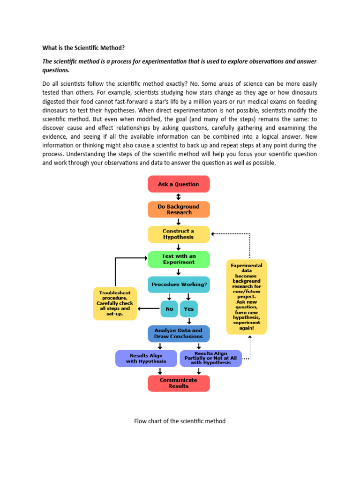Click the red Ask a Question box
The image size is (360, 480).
click(x=179, y=184)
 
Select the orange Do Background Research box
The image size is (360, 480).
click(x=179, y=210)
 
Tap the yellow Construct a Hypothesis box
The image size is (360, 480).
click(x=179, y=234)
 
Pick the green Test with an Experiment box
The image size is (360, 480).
click(x=179, y=259)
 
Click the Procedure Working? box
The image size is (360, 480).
click(x=179, y=285)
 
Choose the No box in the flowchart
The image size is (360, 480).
click(x=169, y=309)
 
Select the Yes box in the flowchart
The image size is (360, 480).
click(x=188, y=309)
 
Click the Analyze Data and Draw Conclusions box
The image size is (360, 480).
click(x=179, y=333)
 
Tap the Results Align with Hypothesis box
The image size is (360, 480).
click(x=146, y=359)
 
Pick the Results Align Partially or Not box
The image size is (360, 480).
click(x=210, y=359)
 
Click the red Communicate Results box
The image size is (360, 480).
click(x=179, y=383)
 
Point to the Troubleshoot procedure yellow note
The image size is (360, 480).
click(x=115, y=304)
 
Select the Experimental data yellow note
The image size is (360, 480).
click(x=247, y=297)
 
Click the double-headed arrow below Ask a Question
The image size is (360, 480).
click(x=179, y=197)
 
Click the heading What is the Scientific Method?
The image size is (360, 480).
click(x=84, y=48)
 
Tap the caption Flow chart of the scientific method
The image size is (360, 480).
click(x=180, y=421)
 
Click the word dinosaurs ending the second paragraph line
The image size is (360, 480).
click(x=302, y=93)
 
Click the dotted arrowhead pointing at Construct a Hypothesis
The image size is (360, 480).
click(x=213, y=233)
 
